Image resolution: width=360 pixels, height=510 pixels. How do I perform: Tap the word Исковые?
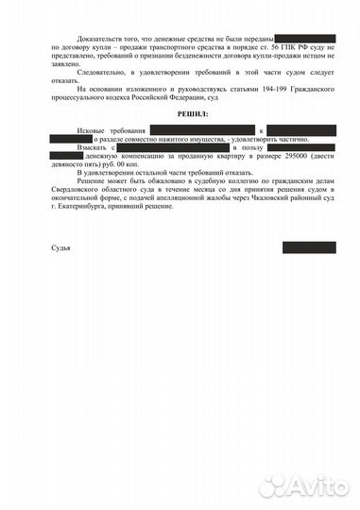click(x=94, y=127)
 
